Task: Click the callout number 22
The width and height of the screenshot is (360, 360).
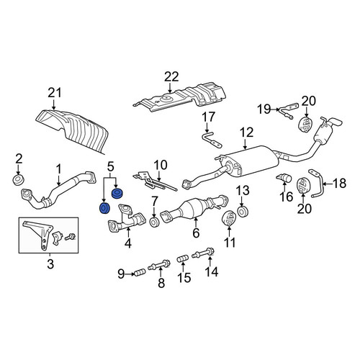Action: (171, 77)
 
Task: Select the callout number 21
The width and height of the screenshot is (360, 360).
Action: (55, 93)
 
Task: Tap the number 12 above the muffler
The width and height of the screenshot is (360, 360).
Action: (246, 132)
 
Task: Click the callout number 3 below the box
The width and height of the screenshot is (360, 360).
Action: (50, 264)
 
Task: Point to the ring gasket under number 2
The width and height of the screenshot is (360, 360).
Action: (18, 180)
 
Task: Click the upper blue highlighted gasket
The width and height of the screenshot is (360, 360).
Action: (117, 194)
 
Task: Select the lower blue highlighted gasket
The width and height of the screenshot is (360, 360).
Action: (104, 208)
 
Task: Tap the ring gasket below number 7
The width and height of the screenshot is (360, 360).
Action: (154, 222)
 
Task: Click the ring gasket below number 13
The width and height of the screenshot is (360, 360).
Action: (243, 211)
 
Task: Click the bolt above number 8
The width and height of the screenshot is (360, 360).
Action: (159, 264)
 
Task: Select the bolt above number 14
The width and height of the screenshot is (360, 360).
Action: (203, 253)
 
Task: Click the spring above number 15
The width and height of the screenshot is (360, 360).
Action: (182, 259)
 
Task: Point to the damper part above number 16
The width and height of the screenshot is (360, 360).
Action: (284, 178)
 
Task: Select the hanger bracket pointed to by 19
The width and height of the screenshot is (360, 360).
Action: (288, 111)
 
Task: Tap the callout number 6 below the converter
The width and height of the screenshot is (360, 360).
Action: (196, 233)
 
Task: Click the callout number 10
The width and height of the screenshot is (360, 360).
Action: (161, 165)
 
